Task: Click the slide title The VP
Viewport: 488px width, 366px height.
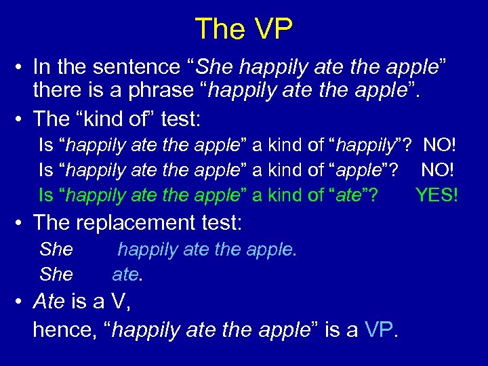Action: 244,28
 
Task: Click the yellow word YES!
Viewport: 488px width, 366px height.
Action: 437,196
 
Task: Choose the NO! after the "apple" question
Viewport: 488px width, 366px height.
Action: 439,170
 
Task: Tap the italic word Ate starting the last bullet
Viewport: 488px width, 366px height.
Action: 49,301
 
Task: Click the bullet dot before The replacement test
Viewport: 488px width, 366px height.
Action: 20,222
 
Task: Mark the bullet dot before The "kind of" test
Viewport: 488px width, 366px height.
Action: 20,119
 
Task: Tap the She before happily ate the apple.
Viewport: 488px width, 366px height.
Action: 56,249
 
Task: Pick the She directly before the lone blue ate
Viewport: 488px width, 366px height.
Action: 56,275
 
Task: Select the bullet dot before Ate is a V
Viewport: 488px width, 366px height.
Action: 20,301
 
